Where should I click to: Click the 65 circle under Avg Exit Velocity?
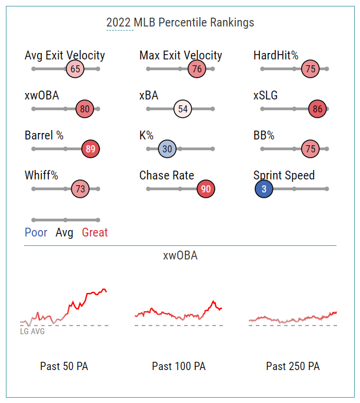point(75,69)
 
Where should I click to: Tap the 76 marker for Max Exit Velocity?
point(197,69)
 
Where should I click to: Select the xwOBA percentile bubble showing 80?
point(85,109)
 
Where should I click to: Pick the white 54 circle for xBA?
point(183,109)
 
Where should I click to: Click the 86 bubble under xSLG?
point(318,109)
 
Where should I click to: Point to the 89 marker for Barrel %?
point(91,149)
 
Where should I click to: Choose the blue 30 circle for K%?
point(167,149)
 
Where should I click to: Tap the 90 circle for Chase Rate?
point(206,189)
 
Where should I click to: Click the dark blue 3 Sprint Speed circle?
point(264,189)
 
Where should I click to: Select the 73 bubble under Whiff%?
point(80,189)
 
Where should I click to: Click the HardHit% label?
point(276,55)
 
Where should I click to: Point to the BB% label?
point(264,135)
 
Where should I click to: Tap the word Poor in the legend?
point(36,232)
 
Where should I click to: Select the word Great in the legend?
point(95,232)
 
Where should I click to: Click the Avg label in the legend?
point(65,232)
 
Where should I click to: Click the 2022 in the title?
point(119,22)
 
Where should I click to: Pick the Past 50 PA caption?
point(64,366)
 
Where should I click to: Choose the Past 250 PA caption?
point(293,366)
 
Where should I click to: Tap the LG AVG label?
point(32,331)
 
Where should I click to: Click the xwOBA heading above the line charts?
point(180,255)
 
